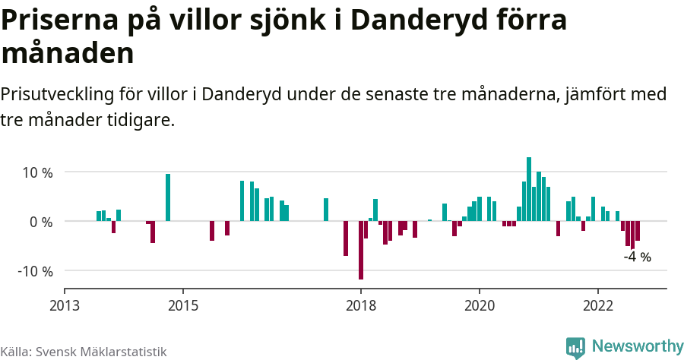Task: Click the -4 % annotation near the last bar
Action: click(x=637, y=257)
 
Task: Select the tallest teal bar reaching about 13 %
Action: click(x=529, y=190)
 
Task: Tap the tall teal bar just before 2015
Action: click(x=168, y=197)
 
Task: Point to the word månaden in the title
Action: click(x=68, y=53)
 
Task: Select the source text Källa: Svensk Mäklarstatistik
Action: click(x=83, y=352)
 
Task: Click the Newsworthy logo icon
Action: click(x=575, y=347)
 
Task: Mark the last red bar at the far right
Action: click(x=638, y=231)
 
